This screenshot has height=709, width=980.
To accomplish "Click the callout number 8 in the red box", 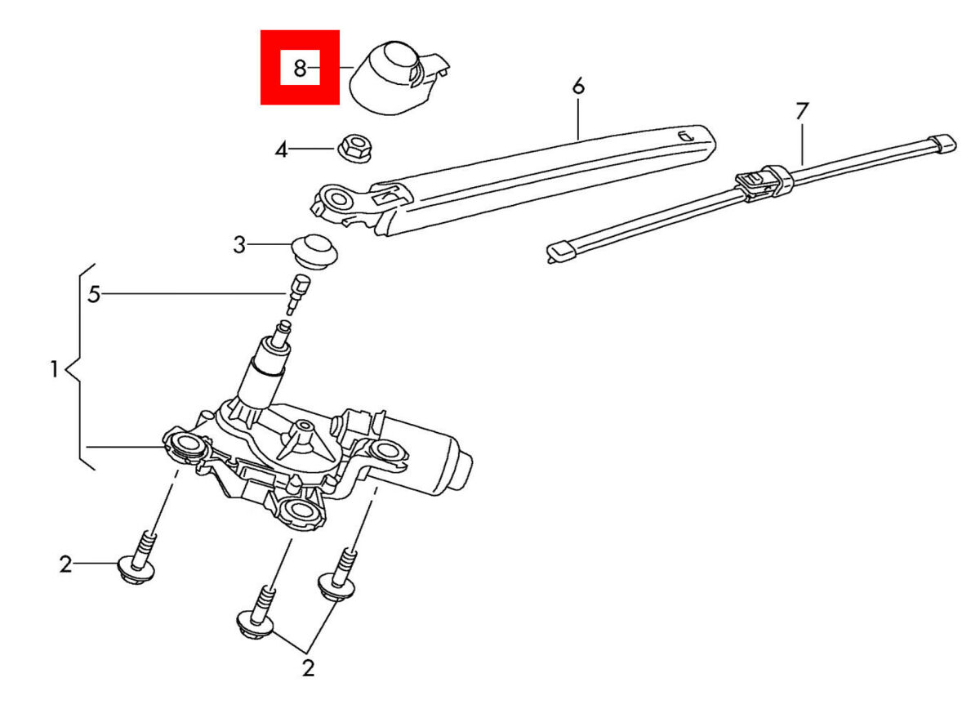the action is click(x=300, y=69).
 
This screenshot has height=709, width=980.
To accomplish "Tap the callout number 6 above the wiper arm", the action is click(x=578, y=87).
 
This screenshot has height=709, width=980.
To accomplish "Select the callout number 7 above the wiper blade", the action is click(x=801, y=111).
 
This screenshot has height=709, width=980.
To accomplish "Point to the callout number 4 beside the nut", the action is click(x=281, y=150).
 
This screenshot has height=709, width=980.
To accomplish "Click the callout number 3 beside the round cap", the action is click(x=239, y=245).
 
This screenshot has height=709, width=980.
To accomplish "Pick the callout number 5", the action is click(x=94, y=294).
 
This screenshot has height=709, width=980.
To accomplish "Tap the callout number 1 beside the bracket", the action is click(x=54, y=369).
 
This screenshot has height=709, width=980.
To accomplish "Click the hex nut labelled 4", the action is click(x=354, y=148).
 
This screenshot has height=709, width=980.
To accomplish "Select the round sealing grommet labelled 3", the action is click(x=315, y=252).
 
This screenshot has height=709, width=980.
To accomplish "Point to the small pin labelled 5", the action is click(x=296, y=294).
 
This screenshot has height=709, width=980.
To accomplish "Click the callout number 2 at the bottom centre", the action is click(x=308, y=668).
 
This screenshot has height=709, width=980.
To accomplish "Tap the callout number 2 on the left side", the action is click(x=65, y=564).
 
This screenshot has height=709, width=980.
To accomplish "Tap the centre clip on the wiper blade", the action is click(x=760, y=183).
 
